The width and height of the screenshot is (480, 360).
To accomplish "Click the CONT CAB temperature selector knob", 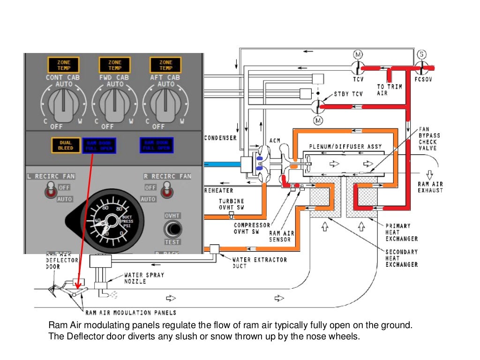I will click(x=63, y=106).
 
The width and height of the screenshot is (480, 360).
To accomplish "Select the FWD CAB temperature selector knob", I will click(x=114, y=106).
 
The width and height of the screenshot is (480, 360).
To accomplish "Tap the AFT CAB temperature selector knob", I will click(x=165, y=106).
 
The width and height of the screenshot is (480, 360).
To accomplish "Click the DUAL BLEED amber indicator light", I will click(x=66, y=145).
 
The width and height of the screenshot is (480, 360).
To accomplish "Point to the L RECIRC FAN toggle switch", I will click(x=49, y=191).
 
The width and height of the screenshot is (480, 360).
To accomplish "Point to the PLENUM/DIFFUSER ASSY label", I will click(x=345, y=146).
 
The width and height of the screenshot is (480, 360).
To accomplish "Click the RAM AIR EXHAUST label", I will click(x=430, y=187).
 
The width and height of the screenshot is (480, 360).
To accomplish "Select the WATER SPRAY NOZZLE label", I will click(x=144, y=278).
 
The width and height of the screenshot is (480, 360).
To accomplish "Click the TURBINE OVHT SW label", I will click(x=231, y=204).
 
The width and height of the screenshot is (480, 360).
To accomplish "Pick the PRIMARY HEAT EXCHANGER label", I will click(x=401, y=232).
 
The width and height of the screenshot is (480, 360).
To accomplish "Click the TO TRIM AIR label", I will click(x=389, y=90).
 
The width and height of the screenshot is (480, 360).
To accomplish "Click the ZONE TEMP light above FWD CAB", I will click(x=114, y=65).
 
